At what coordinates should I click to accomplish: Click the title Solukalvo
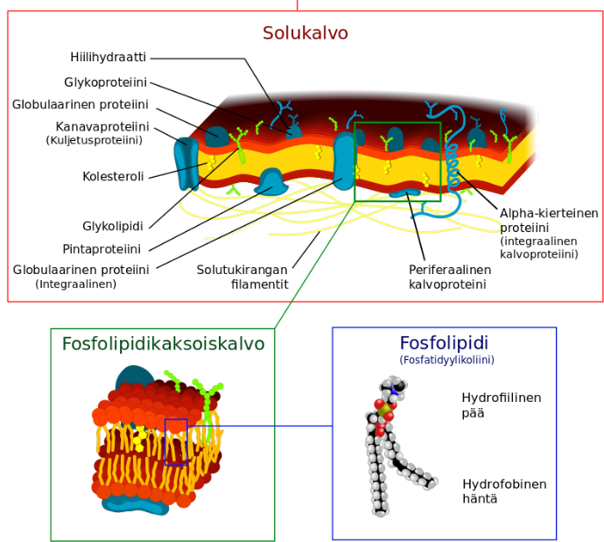coord(305,33)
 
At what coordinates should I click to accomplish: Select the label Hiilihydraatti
coord(108,58)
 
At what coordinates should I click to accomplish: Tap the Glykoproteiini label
coord(105,83)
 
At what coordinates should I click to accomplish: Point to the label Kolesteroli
coord(113,176)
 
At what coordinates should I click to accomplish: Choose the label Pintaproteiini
coord(102,249)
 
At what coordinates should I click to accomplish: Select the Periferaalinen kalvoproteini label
coord(449,277)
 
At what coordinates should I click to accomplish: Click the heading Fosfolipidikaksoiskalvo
coord(163,344)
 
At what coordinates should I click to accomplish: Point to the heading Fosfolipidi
coord(444,342)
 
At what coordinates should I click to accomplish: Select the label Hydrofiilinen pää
coord(501,405)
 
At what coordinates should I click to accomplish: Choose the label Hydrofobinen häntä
coord(504,490)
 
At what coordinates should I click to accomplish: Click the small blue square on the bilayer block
coord(176,441)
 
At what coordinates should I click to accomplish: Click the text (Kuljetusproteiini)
coord(94,140)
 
